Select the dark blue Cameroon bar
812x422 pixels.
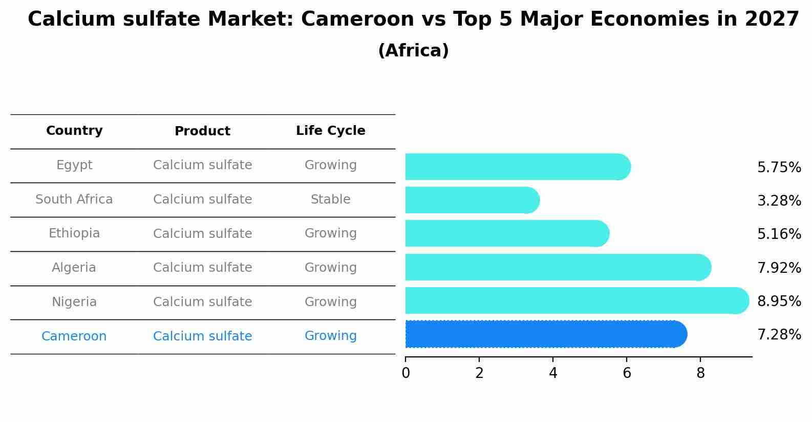pos(543,334)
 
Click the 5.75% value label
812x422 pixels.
pos(779,168)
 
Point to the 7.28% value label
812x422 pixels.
pos(779,335)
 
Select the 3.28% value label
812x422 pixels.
pos(779,201)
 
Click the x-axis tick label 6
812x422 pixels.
pos(627,373)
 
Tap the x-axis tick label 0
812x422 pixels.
pos(405,373)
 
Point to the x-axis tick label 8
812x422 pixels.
pos(700,373)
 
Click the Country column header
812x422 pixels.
pos(74,131)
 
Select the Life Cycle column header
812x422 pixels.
pos(330,131)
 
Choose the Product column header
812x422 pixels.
pos(202,131)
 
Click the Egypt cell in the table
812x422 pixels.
pos(74,165)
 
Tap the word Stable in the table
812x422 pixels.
pos(330,199)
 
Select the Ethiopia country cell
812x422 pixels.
pos(74,233)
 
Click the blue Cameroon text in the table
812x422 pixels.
pos(74,336)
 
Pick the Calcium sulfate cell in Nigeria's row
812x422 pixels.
pos(202,302)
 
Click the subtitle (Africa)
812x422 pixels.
pos(413,51)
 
